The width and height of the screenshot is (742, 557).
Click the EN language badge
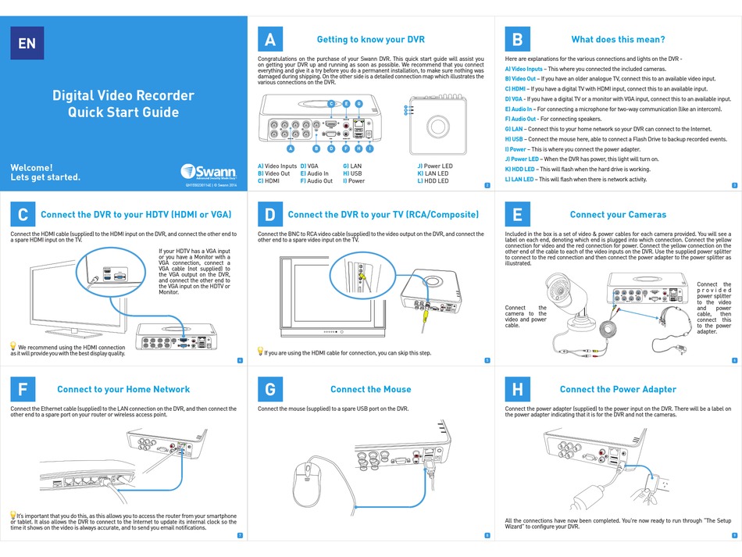(27, 44)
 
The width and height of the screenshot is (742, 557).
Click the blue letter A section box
(269, 40)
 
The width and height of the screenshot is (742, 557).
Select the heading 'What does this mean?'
(618, 40)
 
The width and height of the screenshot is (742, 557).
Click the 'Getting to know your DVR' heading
(370, 40)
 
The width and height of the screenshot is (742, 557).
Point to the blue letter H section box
(517, 389)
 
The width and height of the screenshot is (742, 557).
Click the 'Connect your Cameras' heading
(618, 215)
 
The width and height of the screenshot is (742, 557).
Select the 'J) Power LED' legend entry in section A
(434, 166)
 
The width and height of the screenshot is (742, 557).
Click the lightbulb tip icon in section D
(260, 352)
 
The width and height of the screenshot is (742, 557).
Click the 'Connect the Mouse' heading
(370, 389)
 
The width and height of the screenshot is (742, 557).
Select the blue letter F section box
(23, 389)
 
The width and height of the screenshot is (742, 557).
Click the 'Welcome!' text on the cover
(31, 167)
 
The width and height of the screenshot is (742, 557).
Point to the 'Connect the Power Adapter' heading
(618, 389)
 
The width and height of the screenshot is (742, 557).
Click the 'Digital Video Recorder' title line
(123, 95)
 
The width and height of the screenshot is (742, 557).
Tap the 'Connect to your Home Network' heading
(123, 389)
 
